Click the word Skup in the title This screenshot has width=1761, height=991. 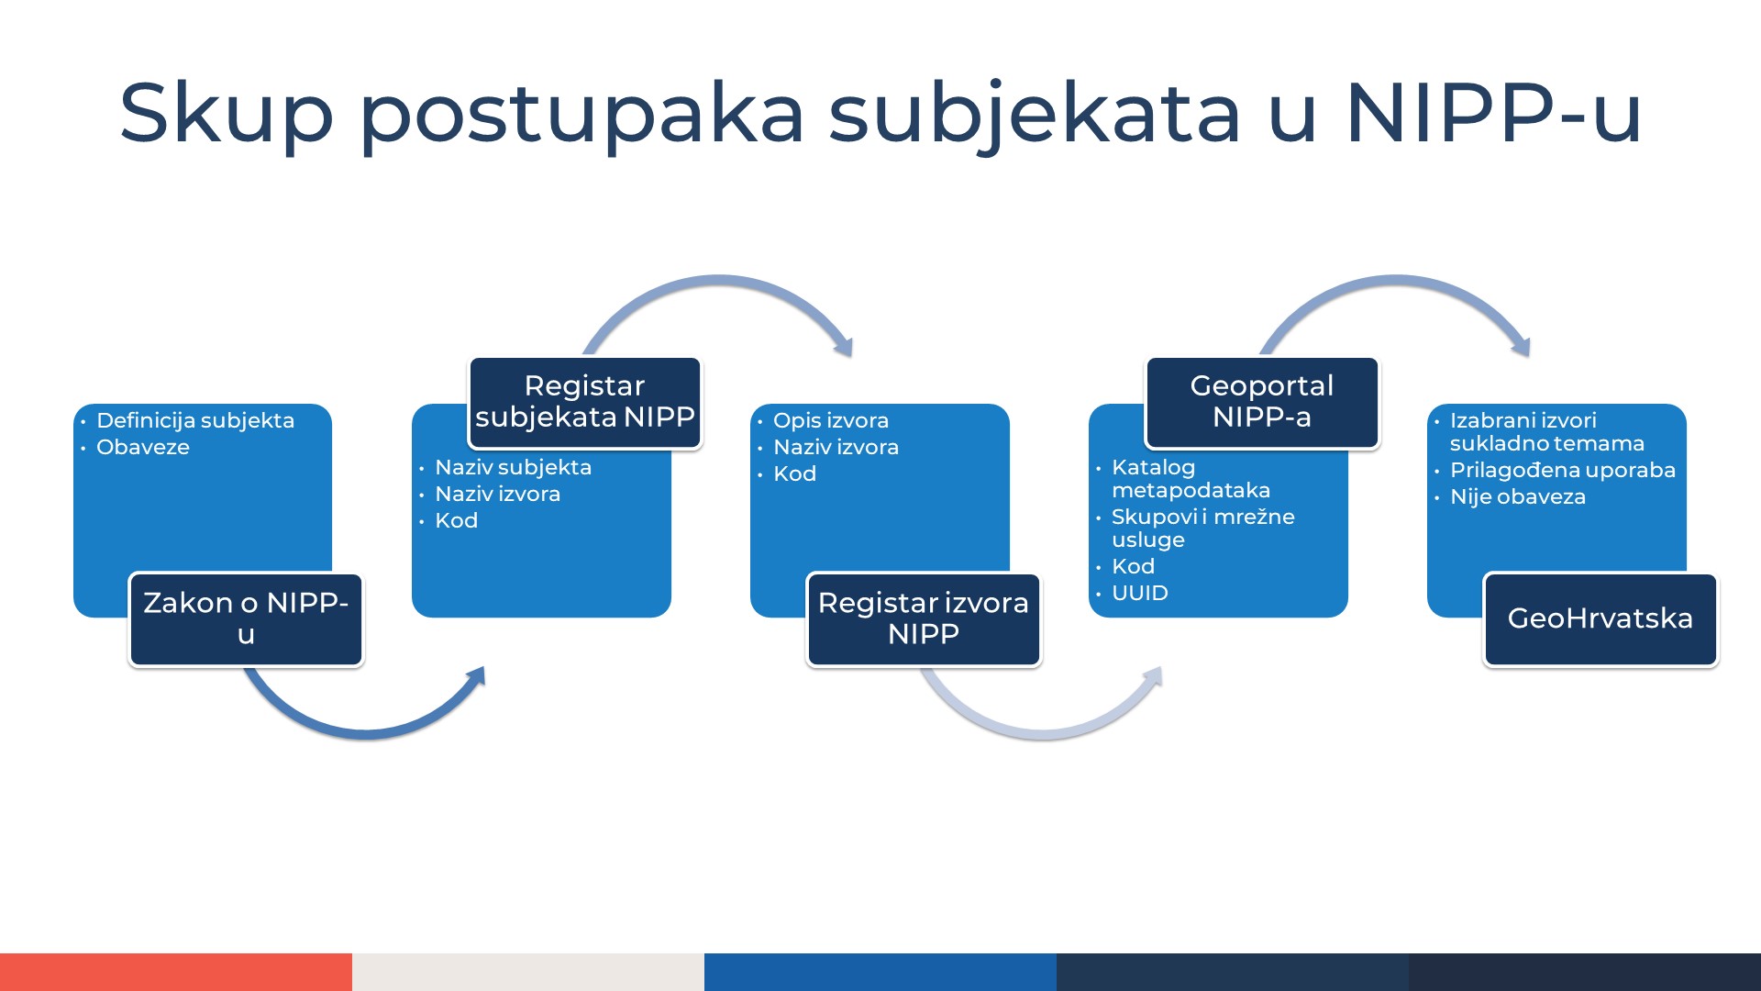pyautogui.click(x=226, y=114)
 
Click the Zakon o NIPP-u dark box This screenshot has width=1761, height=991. pyautogui.click(x=246, y=619)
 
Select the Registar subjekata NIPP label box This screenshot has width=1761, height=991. pyautogui.click(x=585, y=402)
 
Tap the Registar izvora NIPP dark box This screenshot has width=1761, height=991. pyautogui.click(x=924, y=619)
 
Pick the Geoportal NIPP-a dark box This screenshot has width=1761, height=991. pyautogui.click(x=1262, y=402)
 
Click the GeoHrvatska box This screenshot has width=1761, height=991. pyautogui.click(x=1600, y=619)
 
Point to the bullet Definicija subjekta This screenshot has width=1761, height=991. pyautogui.click(x=195, y=420)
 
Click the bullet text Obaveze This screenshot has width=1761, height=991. pyautogui.click(x=143, y=447)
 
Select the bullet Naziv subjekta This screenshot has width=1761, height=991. pyautogui.click(x=513, y=467)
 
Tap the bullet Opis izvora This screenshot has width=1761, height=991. pyautogui.click(x=831, y=420)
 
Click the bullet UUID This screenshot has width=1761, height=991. pyautogui.click(x=1140, y=593)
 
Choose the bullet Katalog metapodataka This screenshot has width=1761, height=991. pyautogui.click(x=1190, y=478)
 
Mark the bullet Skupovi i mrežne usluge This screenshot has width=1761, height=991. pyautogui.click(x=1202, y=528)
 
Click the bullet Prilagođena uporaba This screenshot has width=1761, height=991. pyautogui.click(x=1562, y=470)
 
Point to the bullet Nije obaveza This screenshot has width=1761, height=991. pyautogui.click(x=1517, y=496)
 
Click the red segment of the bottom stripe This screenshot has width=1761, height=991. pyautogui.click(x=176, y=972)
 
